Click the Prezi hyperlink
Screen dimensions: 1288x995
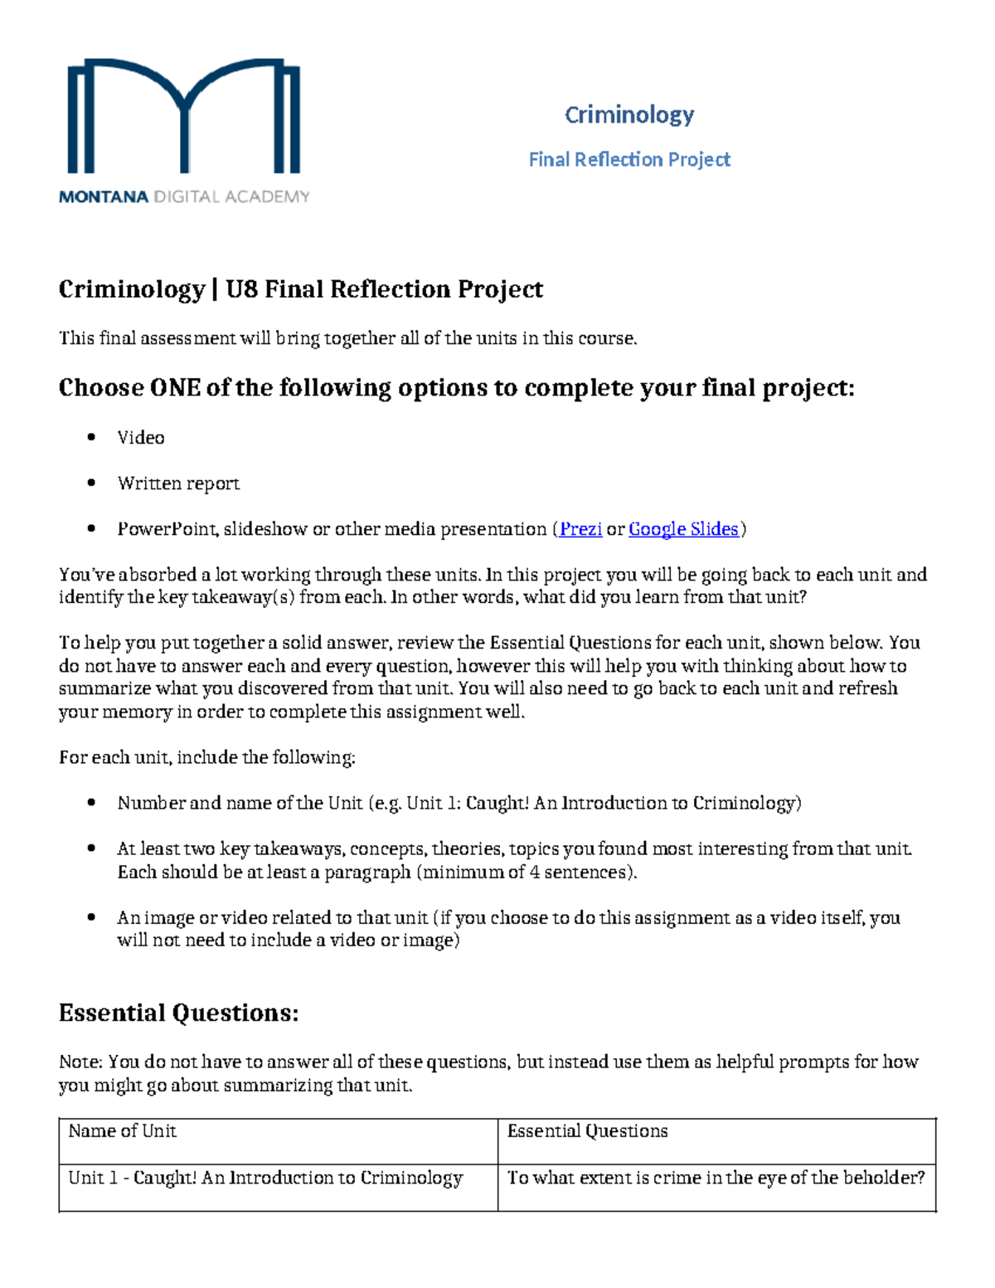[580, 529]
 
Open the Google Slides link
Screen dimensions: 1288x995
[683, 529]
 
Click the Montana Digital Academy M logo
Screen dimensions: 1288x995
[183, 116]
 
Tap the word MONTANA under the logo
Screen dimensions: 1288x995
[103, 197]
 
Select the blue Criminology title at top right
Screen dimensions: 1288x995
[629, 114]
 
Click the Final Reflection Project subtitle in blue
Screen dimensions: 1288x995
[629, 159]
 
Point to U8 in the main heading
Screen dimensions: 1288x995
[241, 289]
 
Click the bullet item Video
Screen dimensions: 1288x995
[141, 438]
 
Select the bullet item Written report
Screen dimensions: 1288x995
[178, 484]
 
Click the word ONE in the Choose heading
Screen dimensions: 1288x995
[174, 388]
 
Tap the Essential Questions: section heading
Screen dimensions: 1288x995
[178, 1013]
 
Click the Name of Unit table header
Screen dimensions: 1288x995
[123, 1131]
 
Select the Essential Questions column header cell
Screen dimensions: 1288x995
[587, 1131]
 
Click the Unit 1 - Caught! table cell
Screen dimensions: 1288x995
[265, 1178]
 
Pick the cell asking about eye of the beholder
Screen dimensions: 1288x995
[716, 1178]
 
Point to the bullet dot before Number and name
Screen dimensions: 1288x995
[92, 803]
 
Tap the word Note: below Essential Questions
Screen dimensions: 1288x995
[80, 1062]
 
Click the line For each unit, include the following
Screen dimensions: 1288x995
[206, 757]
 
